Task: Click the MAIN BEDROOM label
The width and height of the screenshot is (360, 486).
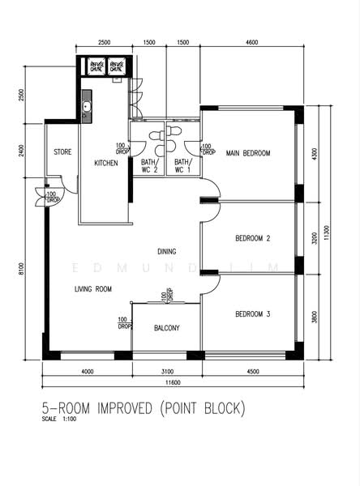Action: click(248, 152)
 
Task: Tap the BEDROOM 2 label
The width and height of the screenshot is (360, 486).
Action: click(252, 238)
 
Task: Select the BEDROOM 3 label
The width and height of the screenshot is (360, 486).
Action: click(252, 313)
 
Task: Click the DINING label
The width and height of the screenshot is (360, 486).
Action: click(167, 251)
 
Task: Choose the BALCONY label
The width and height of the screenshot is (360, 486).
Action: click(166, 328)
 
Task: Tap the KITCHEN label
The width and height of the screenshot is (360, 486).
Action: click(105, 163)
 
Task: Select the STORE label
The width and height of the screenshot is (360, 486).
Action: click(62, 152)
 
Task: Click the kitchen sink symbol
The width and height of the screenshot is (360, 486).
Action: click(87, 106)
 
